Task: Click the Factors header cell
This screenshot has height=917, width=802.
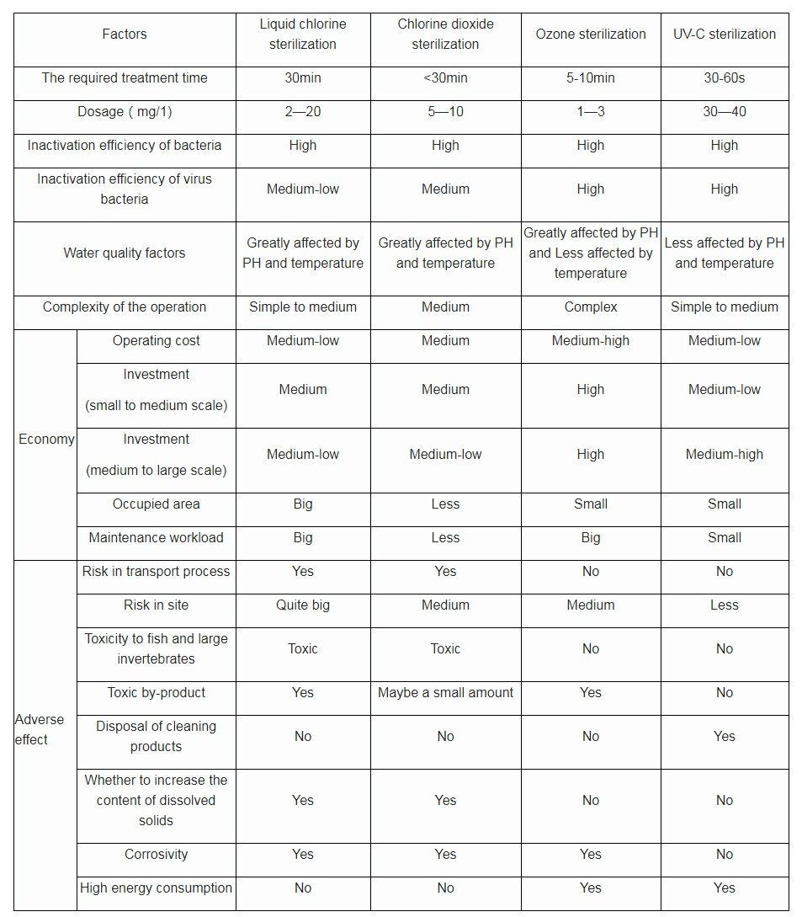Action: [x=125, y=35]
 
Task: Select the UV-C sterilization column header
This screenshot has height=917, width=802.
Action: [x=724, y=35]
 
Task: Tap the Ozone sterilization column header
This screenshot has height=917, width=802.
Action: [x=591, y=35]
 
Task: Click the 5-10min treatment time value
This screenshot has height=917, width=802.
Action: [x=591, y=78]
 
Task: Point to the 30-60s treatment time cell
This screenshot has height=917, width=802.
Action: [x=724, y=78]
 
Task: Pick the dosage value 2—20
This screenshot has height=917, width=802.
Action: [x=303, y=112]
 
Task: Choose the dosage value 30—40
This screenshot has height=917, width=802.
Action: [x=724, y=112]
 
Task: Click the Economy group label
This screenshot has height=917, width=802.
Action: [x=46, y=439]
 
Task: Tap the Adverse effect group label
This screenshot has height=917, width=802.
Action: [x=39, y=729]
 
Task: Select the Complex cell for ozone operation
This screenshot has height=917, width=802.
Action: [x=591, y=307]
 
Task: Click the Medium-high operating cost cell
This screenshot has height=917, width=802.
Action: [x=591, y=341]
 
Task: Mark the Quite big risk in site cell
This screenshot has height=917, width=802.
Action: [x=303, y=605]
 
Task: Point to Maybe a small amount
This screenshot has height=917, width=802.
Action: [x=445, y=693]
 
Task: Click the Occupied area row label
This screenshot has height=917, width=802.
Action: [x=157, y=504]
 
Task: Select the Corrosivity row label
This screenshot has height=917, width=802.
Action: [x=157, y=855]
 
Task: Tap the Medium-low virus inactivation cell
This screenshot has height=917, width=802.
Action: [x=303, y=189]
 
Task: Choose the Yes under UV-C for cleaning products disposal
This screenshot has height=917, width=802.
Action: [x=724, y=737]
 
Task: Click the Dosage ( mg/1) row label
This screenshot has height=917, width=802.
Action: [x=125, y=112]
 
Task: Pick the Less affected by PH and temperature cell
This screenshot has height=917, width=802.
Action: [x=724, y=253]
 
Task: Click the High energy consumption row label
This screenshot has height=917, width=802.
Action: [x=157, y=888]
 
